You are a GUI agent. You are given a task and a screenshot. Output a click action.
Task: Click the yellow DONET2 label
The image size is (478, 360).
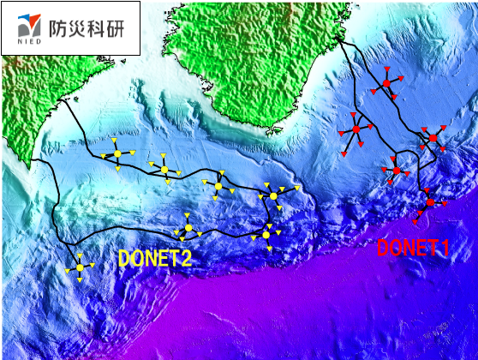point(155,258)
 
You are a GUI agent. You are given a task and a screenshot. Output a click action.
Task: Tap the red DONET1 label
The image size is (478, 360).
point(414,249)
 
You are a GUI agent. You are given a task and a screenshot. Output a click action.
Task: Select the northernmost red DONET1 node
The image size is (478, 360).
point(387,82)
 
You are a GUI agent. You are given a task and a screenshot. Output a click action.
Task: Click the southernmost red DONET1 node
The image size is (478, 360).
point(430,202)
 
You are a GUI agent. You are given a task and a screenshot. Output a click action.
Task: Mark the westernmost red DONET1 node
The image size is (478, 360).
point(356,129)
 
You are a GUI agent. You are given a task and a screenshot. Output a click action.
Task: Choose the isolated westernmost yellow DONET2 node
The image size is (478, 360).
point(80,267)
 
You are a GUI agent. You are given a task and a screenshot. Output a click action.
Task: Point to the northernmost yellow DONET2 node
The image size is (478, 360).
point(117,154)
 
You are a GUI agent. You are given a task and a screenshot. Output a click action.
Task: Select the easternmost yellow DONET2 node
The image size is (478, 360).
point(273,196)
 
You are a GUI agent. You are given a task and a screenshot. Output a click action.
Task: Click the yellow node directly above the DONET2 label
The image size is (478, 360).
point(188,228)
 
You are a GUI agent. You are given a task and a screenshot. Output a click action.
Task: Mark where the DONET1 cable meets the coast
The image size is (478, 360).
point(340,39)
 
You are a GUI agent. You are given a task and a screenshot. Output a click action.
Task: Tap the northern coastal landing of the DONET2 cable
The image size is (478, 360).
point(62,100)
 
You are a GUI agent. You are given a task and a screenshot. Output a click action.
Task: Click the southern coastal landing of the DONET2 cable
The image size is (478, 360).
point(32,162)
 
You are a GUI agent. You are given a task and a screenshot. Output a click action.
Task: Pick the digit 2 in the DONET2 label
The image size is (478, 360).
point(185,258)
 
